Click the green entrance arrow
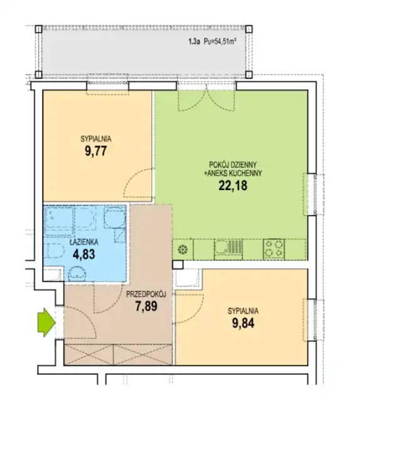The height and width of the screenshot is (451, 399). coord(46,322)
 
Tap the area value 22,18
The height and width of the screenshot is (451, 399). coord(233,186)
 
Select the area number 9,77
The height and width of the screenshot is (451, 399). coord(96,151)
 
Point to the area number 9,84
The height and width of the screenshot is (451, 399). coord(243,323)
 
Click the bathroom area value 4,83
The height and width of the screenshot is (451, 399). coord(84,254)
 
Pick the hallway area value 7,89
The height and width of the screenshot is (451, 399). coord(146,306)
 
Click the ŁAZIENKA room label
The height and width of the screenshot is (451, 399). coord(84,242)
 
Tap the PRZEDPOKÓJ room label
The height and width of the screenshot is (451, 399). coord(146,294)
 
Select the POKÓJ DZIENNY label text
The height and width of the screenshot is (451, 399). coord(233,165)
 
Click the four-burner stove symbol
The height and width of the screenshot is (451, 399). coord(274,248)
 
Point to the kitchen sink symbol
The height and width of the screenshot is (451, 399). coord(228,248)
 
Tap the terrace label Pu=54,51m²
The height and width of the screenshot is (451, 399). coord(220,41)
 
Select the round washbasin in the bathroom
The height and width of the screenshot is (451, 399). coord(77,273)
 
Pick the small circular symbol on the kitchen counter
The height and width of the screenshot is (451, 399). coord(183,250)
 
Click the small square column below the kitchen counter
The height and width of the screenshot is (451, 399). coord(178,265)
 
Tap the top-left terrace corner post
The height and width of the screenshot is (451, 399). coord(38,29)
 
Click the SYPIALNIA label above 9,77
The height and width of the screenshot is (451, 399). coord(96,139)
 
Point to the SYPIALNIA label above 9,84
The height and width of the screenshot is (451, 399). coord(243,311)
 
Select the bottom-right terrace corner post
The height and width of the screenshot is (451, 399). coord(249,75)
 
